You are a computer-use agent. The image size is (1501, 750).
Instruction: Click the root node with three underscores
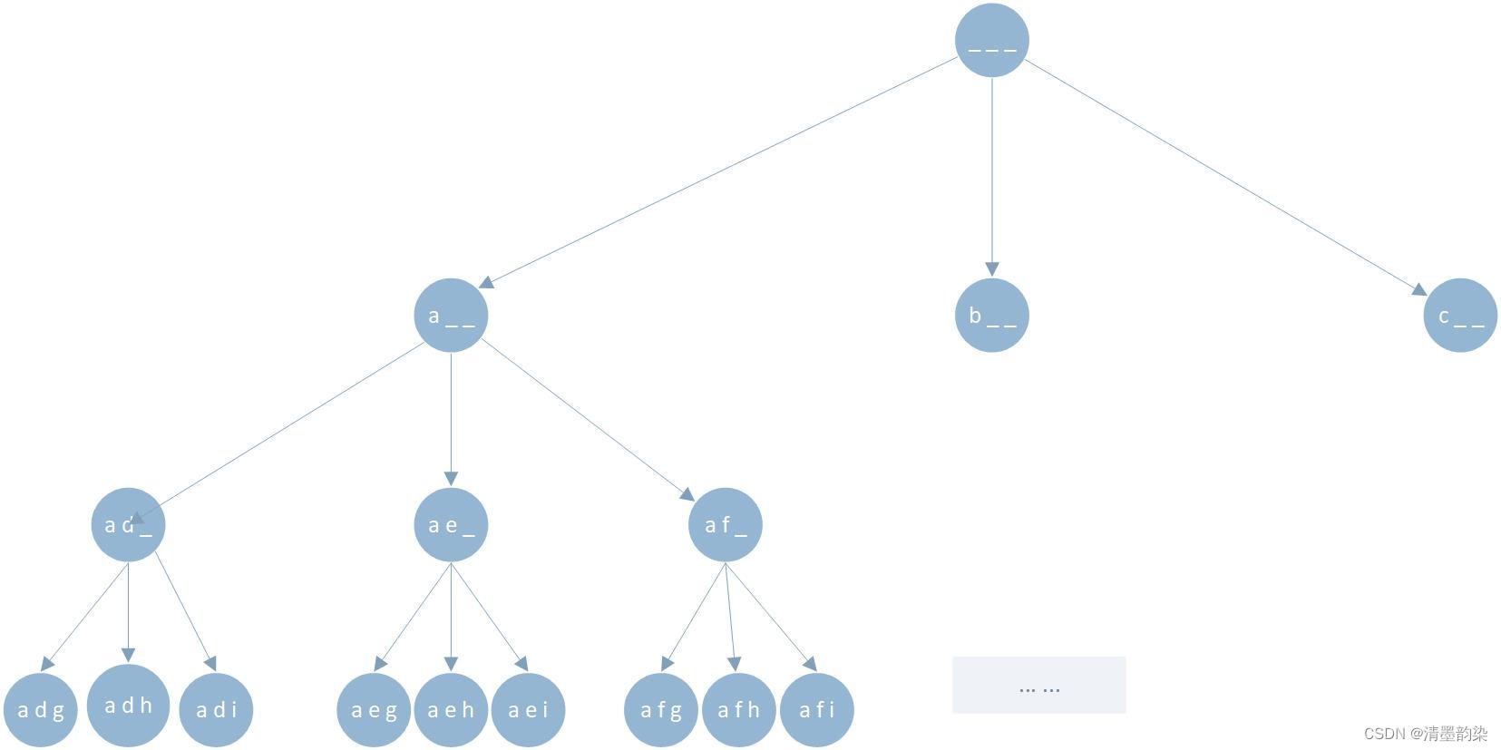coord(991,40)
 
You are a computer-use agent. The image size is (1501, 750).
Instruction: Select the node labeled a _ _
coord(451,315)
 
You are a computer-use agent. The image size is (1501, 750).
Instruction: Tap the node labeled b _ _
coord(991,315)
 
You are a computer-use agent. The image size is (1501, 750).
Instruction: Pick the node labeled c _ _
coord(1460,315)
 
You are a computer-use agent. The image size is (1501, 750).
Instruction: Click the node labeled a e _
coord(451,525)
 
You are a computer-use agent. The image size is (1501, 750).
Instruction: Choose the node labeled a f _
coord(725,525)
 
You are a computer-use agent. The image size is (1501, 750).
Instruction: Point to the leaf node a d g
coord(40,710)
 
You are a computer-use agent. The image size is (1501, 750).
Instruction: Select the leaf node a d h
coord(128,705)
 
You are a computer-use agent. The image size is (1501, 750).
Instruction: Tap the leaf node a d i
coord(216,710)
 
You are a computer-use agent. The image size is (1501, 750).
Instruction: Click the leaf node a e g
coord(374,710)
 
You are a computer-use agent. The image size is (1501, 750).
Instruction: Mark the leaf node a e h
coord(451,710)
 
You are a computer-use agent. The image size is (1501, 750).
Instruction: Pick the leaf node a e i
coord(528,710)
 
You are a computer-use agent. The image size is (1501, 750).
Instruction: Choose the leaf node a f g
coord(660,710)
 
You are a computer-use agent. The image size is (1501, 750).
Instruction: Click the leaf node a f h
coord(739,710)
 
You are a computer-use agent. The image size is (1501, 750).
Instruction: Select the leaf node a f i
coord(817,710)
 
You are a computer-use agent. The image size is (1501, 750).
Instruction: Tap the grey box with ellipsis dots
coord(1038,685)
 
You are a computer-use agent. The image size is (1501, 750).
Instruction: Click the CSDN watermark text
coord(1426,734)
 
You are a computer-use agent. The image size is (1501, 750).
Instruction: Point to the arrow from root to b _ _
coord(991,177)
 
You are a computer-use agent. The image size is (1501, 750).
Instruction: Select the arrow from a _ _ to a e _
coord(451,420)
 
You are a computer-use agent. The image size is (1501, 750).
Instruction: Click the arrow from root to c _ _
coord(1225,178)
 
